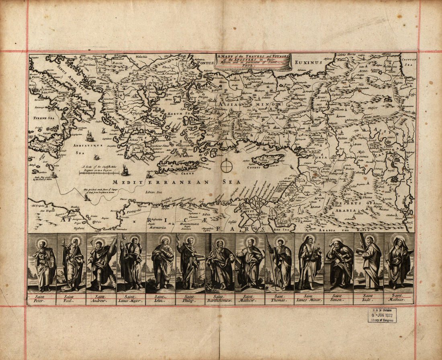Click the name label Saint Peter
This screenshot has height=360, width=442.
click(x=42, y=298)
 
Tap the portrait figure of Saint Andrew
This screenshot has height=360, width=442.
click(x=101, y=263)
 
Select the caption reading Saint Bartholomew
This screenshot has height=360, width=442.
click(x=221, y=298)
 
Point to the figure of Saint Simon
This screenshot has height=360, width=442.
click(x=340, y=263)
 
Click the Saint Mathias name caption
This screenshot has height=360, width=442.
click(x=399, y=298)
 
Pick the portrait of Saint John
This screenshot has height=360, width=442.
click(x=162, y=263)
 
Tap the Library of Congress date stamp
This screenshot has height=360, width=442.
click(x=382, y=315)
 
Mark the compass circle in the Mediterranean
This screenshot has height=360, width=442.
click(x=227, y=165)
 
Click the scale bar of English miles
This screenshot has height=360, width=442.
click(x=99, y=173)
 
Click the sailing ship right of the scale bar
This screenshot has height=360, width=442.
click(x=125, y=171)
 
